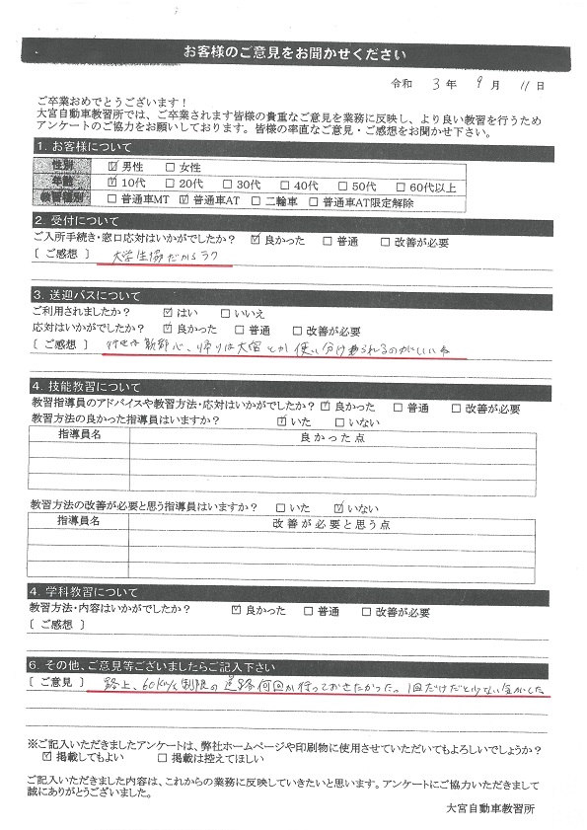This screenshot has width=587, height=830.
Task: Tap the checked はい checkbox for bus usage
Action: pyautogui.click(x=169, y=313)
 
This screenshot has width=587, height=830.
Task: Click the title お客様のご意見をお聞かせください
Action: pyautogui.click(x=294, y=52)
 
